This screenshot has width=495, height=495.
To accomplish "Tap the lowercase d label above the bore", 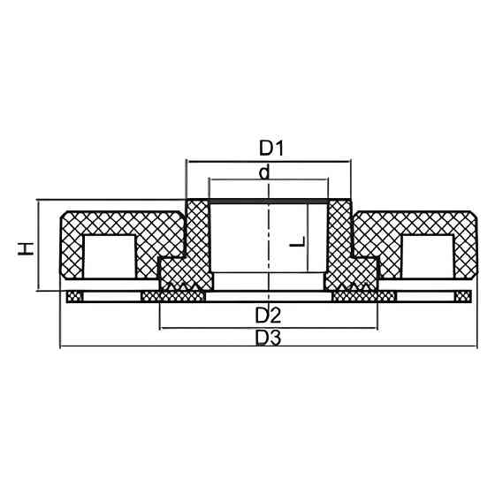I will (x=264, y=172).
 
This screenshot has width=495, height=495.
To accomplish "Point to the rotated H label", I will (x=27, y=247).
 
